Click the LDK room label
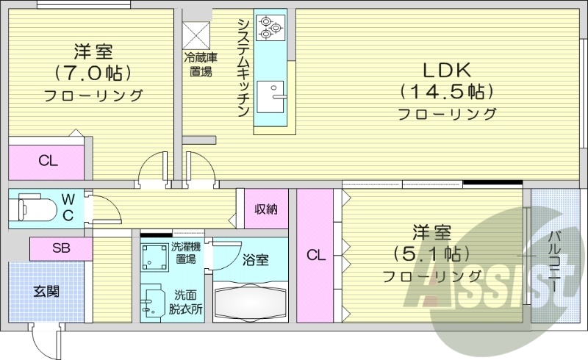446,71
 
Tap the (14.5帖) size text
446,92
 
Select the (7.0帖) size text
93,73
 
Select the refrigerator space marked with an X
196,35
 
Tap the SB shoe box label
61,248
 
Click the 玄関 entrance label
46,291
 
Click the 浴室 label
257,259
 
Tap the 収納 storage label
266,209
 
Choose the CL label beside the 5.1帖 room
315,256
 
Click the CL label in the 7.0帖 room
49,161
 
